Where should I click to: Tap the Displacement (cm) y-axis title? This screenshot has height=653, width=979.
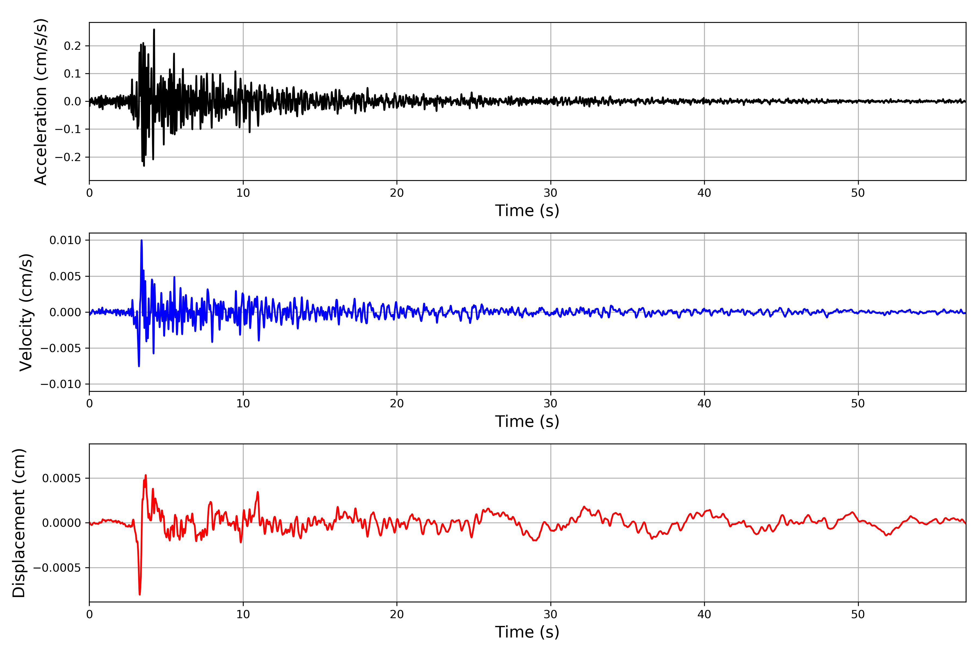(19, 523)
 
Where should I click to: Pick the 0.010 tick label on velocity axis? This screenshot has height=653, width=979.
(65, 240)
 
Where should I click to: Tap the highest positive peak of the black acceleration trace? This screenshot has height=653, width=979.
(154, 30)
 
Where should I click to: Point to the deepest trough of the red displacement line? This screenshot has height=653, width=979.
(140, 594)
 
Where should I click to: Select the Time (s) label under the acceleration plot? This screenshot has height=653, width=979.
(527, 211)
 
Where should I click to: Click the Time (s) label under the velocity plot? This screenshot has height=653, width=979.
(527, 421)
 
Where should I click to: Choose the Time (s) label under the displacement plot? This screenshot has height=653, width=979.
(527, 632)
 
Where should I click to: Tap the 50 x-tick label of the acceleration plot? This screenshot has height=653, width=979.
(858, 193)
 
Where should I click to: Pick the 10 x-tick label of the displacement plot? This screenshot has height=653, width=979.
(243, 614)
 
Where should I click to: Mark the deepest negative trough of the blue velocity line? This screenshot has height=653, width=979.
(139, 366)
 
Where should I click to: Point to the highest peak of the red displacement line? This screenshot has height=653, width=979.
(145, 475)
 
